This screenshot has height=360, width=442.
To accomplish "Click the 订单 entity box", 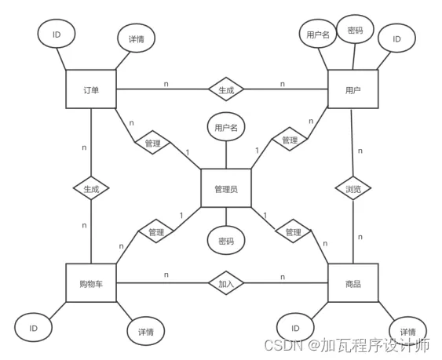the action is [91, 89].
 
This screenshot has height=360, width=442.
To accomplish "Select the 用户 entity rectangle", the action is [353, 89].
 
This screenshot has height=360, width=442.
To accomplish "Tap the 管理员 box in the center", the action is [226, 188].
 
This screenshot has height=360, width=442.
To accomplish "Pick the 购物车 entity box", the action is [91, 283].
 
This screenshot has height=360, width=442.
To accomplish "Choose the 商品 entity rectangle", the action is [353, 283].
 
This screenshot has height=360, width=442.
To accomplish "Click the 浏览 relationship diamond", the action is [353, 188].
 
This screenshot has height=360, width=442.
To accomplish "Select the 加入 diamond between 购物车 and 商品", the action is [226, 283].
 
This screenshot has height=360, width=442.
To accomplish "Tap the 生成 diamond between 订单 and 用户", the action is [226, 89].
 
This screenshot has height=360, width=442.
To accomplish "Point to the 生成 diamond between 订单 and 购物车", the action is [91, 188].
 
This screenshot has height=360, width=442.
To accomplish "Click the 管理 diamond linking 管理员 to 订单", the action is [153, 142].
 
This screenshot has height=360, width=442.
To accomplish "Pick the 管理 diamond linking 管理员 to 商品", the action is [293, 231].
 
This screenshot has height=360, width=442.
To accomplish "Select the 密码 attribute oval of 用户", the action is [355, 29].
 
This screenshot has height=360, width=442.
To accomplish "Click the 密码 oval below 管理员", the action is [226, 240].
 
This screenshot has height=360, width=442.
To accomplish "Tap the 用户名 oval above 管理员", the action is [226, 127].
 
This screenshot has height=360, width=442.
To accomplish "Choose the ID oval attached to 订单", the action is [57, 34].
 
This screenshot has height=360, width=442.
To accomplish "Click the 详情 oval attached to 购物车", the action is [146, 331].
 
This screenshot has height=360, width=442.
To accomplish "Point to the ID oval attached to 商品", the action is [295, 328].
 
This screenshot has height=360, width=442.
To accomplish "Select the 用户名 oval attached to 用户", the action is [318, 34].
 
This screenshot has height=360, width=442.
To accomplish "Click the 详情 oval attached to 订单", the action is [137, 38].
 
